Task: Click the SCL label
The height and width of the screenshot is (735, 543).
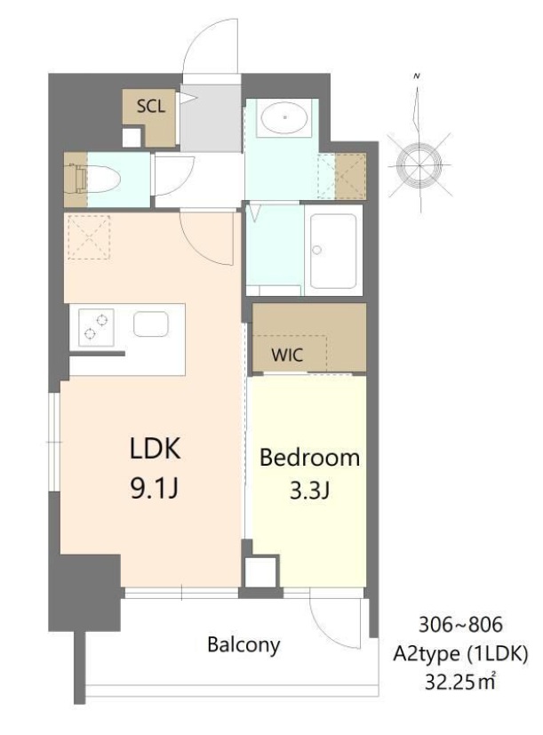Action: coord(149,107)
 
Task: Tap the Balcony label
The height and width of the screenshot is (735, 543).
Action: coord(244,644)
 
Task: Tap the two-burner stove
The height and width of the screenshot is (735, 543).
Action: coord(95,326)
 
